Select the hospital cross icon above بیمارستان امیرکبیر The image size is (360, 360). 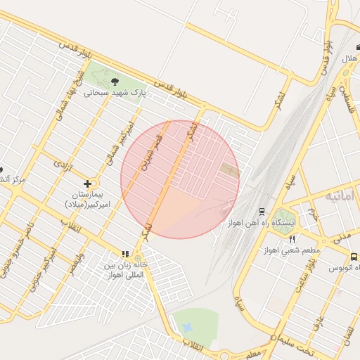coord(86,184)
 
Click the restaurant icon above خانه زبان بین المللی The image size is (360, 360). coord(125,254)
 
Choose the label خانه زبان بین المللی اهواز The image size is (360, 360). coord(124,270)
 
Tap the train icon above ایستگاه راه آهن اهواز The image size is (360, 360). coord(262,211)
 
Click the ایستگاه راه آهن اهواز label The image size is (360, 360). coord(262,222)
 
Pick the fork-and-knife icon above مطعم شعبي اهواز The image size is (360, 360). coord(292,239)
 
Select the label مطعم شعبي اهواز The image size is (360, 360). coord(293,250)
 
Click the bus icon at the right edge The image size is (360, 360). coord(353,257)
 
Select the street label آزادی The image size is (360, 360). coord(63,165)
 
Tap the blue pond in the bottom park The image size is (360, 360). coord(187,328)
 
